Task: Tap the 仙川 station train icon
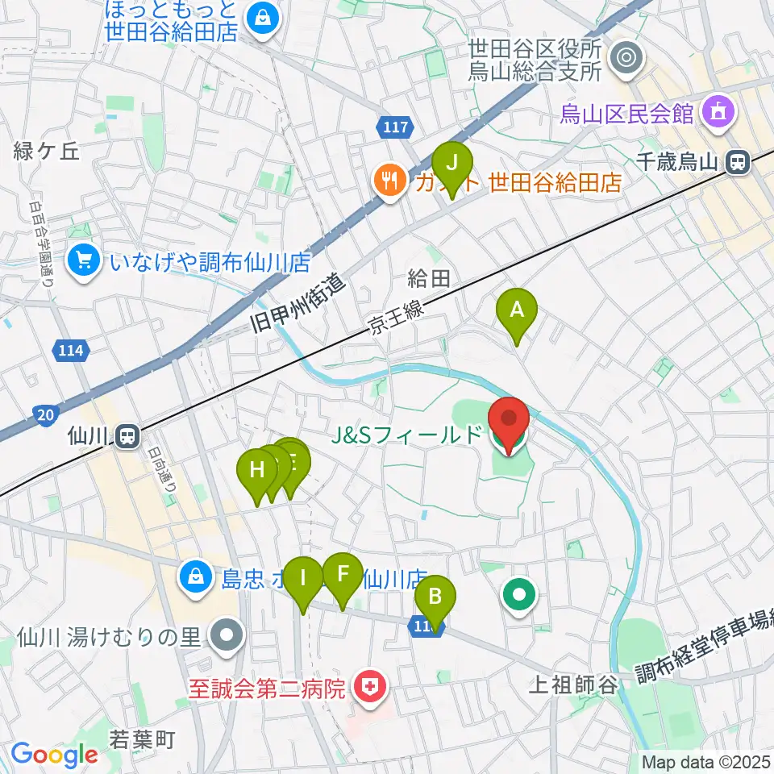click(127, 437)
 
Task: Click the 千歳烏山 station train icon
click(735, 162)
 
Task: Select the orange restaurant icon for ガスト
click(390, 181)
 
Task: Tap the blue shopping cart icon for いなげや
click(83, 260)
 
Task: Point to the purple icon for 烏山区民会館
click(718, 113)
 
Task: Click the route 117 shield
click(395, 126)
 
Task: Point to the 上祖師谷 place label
click(573, 686)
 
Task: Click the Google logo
click(54, 754)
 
